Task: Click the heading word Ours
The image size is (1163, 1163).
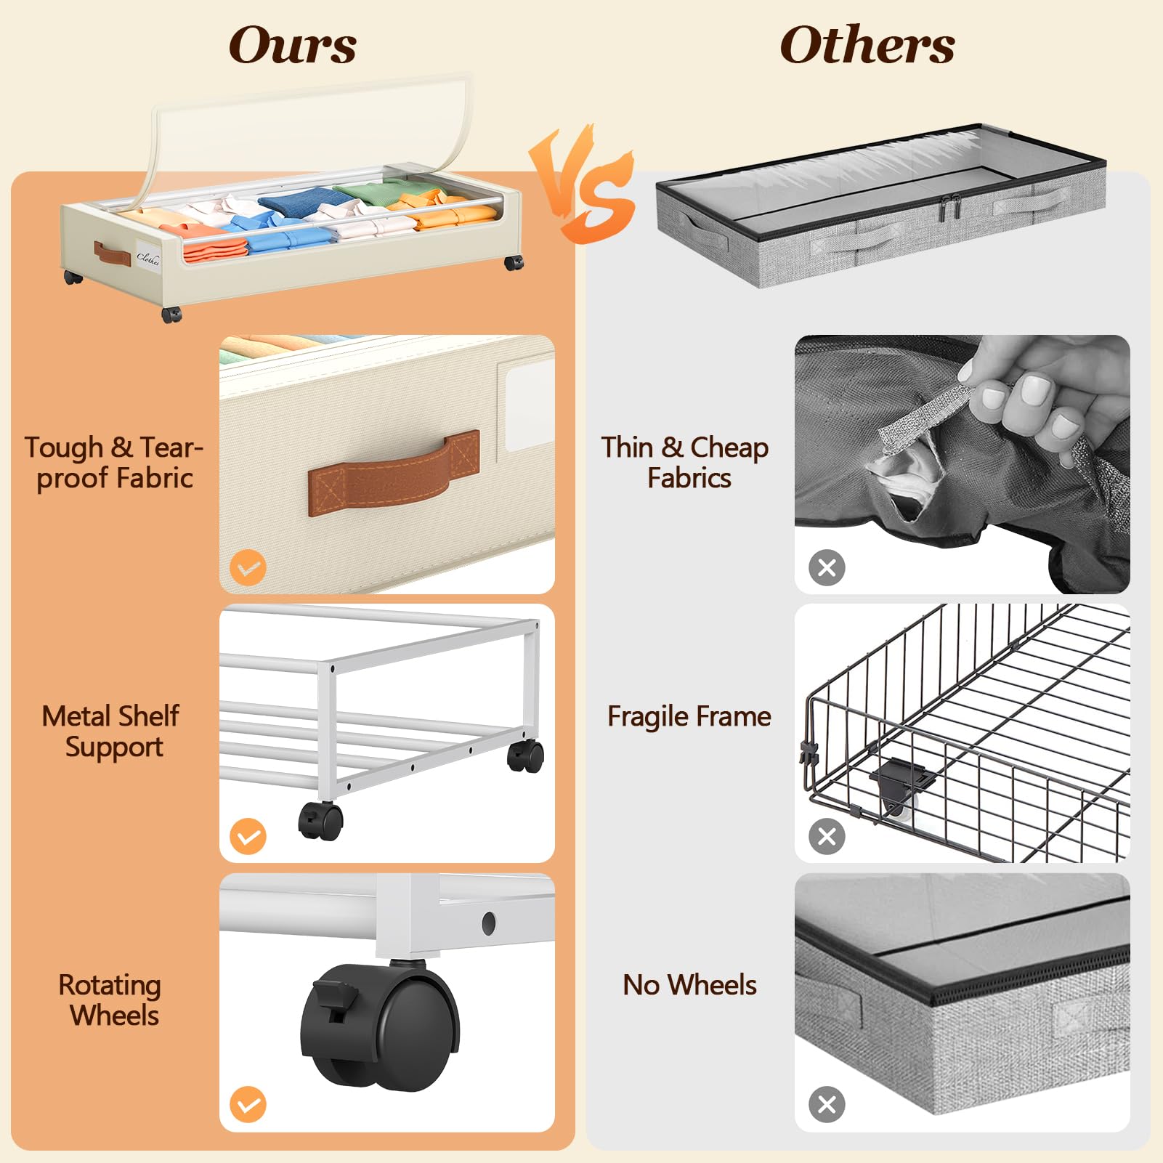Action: pos(293,45)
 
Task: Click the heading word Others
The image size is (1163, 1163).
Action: pos(867,45)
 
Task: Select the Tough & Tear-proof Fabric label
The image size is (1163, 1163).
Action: pos(114,463)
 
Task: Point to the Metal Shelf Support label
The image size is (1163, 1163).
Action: pos(111,732)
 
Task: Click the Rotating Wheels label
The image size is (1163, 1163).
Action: pos(111,1000)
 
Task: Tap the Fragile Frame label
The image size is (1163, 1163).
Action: pos(689,717)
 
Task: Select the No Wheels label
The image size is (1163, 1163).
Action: pos(689,986)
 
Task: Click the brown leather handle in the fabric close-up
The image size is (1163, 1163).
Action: pos(394,474)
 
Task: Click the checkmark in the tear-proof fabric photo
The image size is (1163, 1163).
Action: pos(248,567)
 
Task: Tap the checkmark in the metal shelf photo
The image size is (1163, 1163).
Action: pos(248,836)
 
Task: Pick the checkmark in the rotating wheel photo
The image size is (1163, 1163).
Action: pos(248,1105)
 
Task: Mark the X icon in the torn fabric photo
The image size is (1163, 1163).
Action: pos(827,567)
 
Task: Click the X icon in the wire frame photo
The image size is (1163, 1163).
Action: pos(827,836)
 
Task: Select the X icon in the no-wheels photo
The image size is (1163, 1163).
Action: pos(827,1105)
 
